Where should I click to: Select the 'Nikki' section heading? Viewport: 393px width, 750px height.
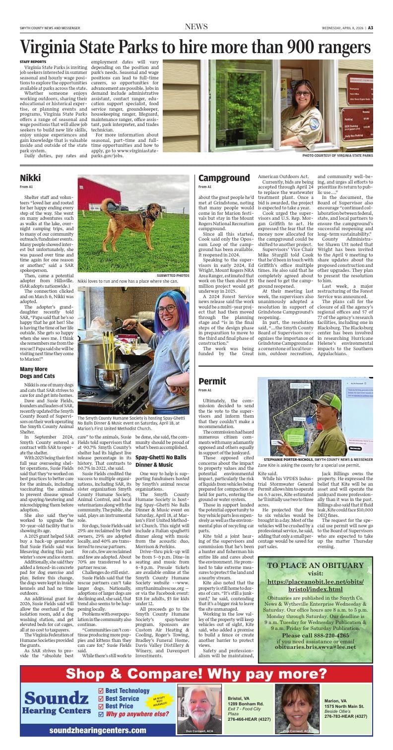coord(30,178)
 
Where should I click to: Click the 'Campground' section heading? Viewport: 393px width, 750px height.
coord(224,178)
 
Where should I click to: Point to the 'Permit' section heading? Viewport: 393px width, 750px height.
coord(212,381)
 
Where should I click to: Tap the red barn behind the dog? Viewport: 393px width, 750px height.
coord(99,195)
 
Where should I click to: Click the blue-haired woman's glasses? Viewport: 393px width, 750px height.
coord(166,310)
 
